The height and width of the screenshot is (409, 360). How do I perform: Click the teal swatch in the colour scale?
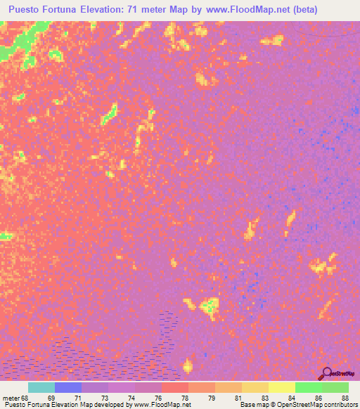tap(41, 387)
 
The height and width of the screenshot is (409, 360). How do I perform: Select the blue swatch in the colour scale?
tap(68, 387)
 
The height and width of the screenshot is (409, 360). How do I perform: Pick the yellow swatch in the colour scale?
tap(282, 387)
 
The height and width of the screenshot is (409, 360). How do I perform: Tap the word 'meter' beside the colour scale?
tap(11, 397)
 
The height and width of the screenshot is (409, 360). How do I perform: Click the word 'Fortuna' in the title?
tap(68, 10)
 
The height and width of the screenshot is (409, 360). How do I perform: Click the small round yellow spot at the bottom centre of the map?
tap(187, 365)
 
